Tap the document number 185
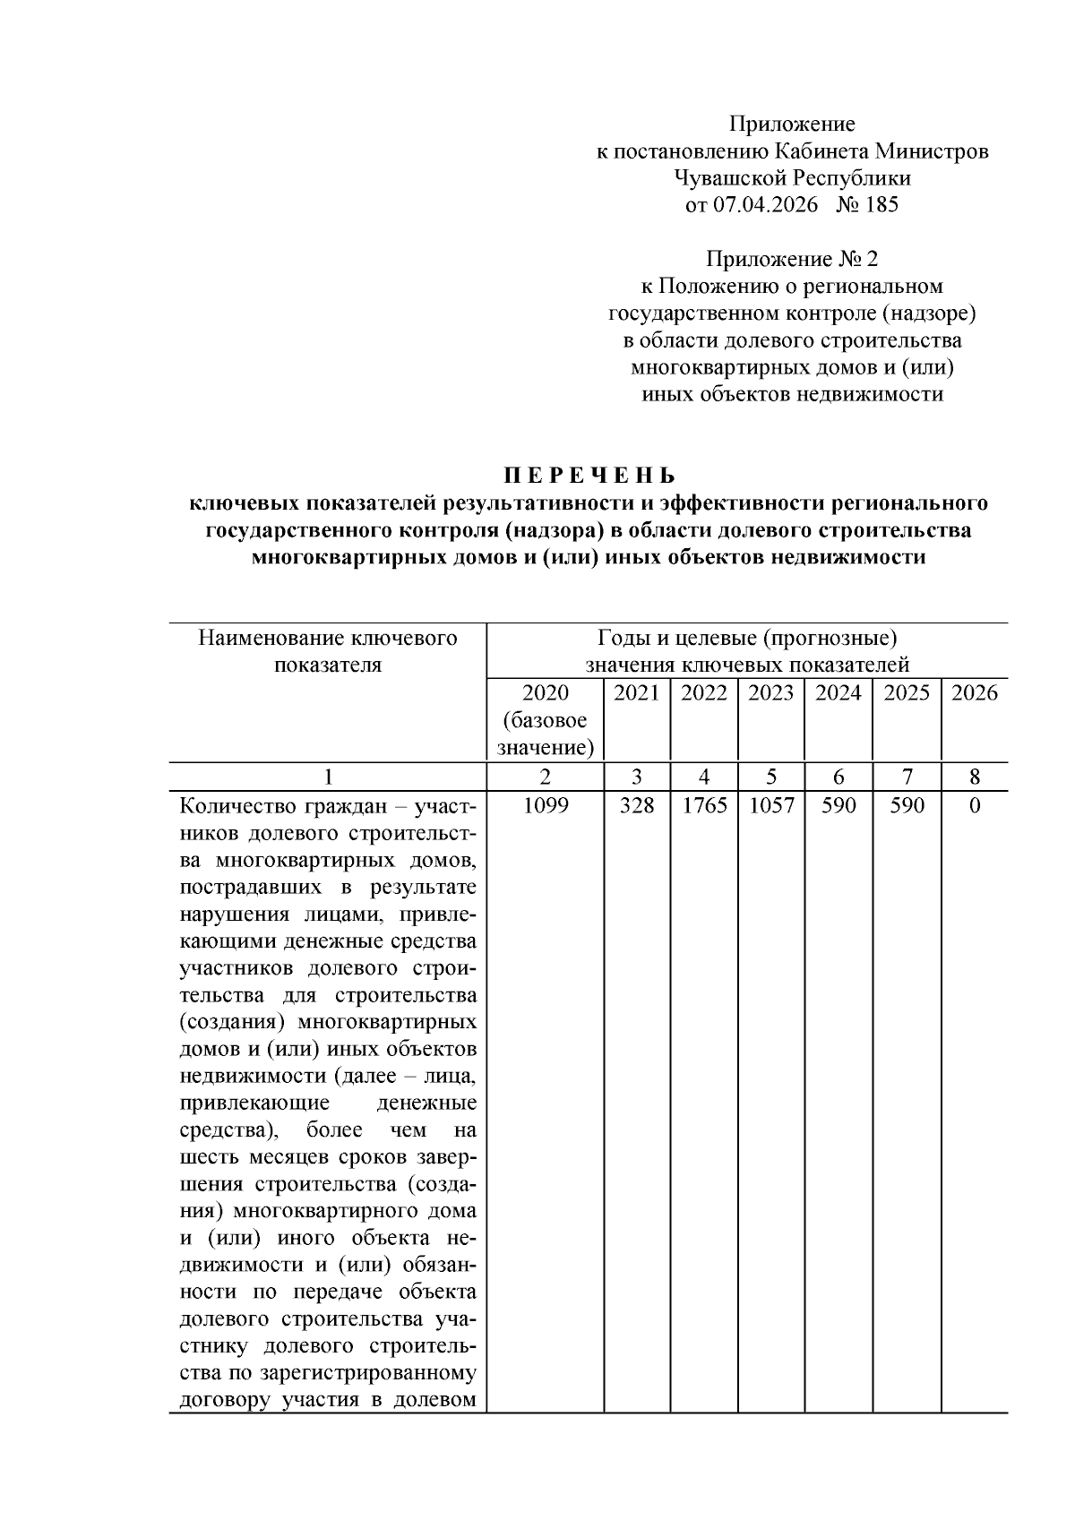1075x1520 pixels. point(881,205)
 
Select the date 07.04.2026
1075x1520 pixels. point(766,205)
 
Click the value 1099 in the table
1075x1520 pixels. point(545,805)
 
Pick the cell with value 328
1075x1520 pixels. point(637,805)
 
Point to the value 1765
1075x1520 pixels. point(704,805)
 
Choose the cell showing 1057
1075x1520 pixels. point(771,805)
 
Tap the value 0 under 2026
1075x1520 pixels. point(975,805)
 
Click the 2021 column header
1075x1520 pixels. point(637,692)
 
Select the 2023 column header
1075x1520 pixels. point(771,692)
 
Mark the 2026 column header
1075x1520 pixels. point(975,692)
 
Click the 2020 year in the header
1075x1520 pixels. point(545,692)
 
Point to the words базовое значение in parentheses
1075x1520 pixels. point(545,734)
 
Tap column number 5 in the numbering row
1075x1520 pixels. point(771,777)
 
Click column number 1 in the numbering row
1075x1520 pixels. point(328,777)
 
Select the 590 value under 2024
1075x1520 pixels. point(838,805)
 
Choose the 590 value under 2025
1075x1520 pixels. point(907,805)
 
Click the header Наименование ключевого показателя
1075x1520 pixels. point(328,651)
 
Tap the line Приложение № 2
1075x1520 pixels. point(792,260)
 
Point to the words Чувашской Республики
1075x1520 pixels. point(792,178)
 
